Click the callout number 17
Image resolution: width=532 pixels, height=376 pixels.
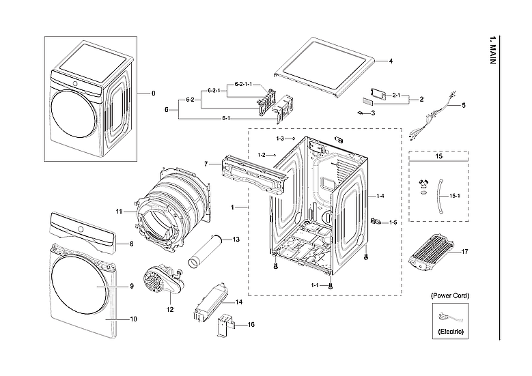[464, 252]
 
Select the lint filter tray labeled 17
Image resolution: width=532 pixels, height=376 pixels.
[432, 252]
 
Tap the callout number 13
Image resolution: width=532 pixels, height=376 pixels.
[236, 240]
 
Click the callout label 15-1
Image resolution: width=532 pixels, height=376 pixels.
[456, 197]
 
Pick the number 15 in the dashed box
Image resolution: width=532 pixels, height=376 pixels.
[438, 157]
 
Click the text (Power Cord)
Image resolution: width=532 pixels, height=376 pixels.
[449, 295]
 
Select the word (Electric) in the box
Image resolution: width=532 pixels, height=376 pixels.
[449, 331]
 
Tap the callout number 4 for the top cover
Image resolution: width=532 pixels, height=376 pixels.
[391, 61]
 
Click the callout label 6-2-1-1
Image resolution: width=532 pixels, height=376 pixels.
[243, 84]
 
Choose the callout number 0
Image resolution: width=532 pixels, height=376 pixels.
[153, 93]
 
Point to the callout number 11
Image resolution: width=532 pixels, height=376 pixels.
[118, 212]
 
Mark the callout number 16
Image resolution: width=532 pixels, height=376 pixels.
[251, 325]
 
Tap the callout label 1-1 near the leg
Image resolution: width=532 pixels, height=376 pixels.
[315, 285]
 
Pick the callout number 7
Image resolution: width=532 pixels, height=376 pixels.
[206, 164]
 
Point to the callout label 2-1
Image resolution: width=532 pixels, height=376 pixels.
[396, 96]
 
